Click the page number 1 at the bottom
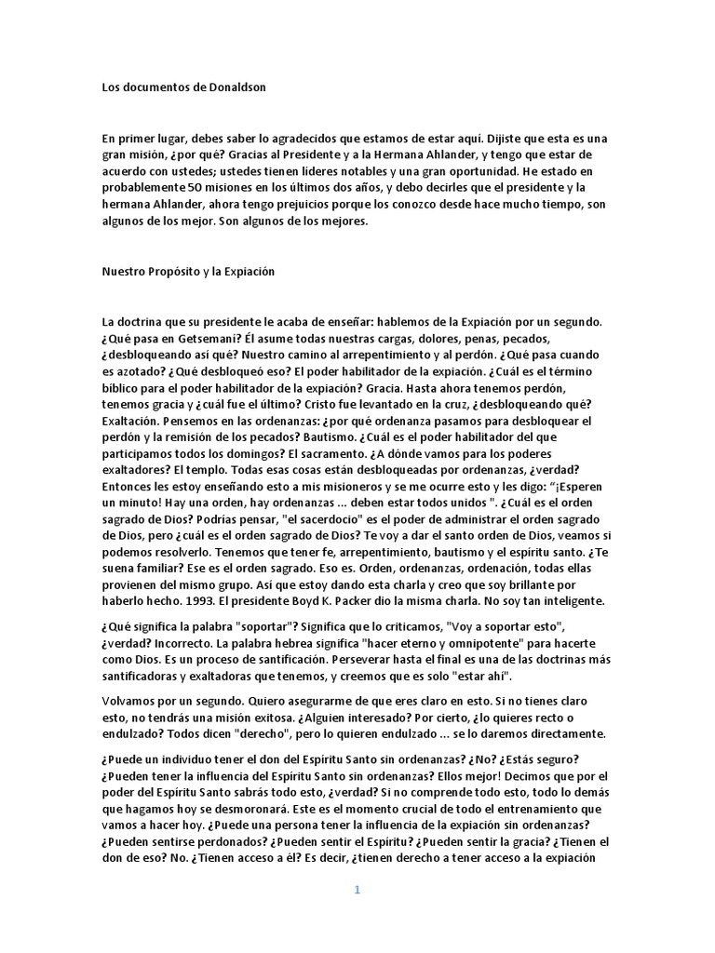[x=357, y=890]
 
